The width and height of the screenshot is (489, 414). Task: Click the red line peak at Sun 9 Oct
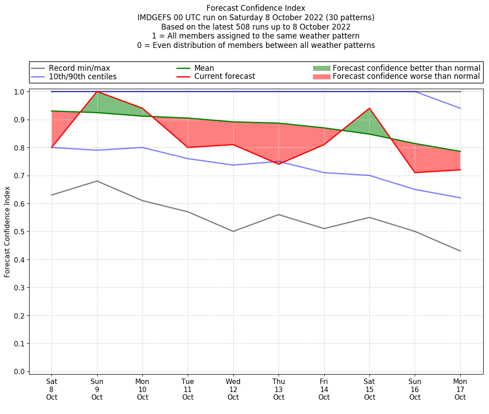pos(97,91)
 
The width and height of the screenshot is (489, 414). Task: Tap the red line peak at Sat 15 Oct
pos(369,108)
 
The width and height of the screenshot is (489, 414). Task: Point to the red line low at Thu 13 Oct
pos(279,164)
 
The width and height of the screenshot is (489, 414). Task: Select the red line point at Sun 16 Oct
pos(415,172)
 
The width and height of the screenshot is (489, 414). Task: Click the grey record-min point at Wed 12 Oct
pos(233,231)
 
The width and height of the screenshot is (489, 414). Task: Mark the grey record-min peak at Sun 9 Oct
pos(97,181)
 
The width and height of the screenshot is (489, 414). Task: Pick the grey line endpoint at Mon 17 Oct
pos(460,251)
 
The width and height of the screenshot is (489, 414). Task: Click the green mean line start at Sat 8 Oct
pos(52,111)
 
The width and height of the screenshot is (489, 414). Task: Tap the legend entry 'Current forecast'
pos(224,77)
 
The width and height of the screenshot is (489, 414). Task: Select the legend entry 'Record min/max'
pos(79,68)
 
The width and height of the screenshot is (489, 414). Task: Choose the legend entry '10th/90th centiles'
pos(82,77)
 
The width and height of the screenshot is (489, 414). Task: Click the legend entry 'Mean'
pos(204,68)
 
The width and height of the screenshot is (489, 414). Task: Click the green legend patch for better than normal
pos(321,68)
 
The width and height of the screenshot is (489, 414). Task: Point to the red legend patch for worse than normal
pos(321,77)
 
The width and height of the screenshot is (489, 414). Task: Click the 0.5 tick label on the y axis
pos(19,232)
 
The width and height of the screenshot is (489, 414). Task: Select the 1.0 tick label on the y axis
pos(19,92)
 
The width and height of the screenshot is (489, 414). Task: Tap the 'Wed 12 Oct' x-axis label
pos(233,389)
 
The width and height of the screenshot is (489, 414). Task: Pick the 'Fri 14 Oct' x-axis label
pos(324,389)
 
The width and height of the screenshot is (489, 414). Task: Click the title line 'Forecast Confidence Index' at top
pos(256,8)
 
